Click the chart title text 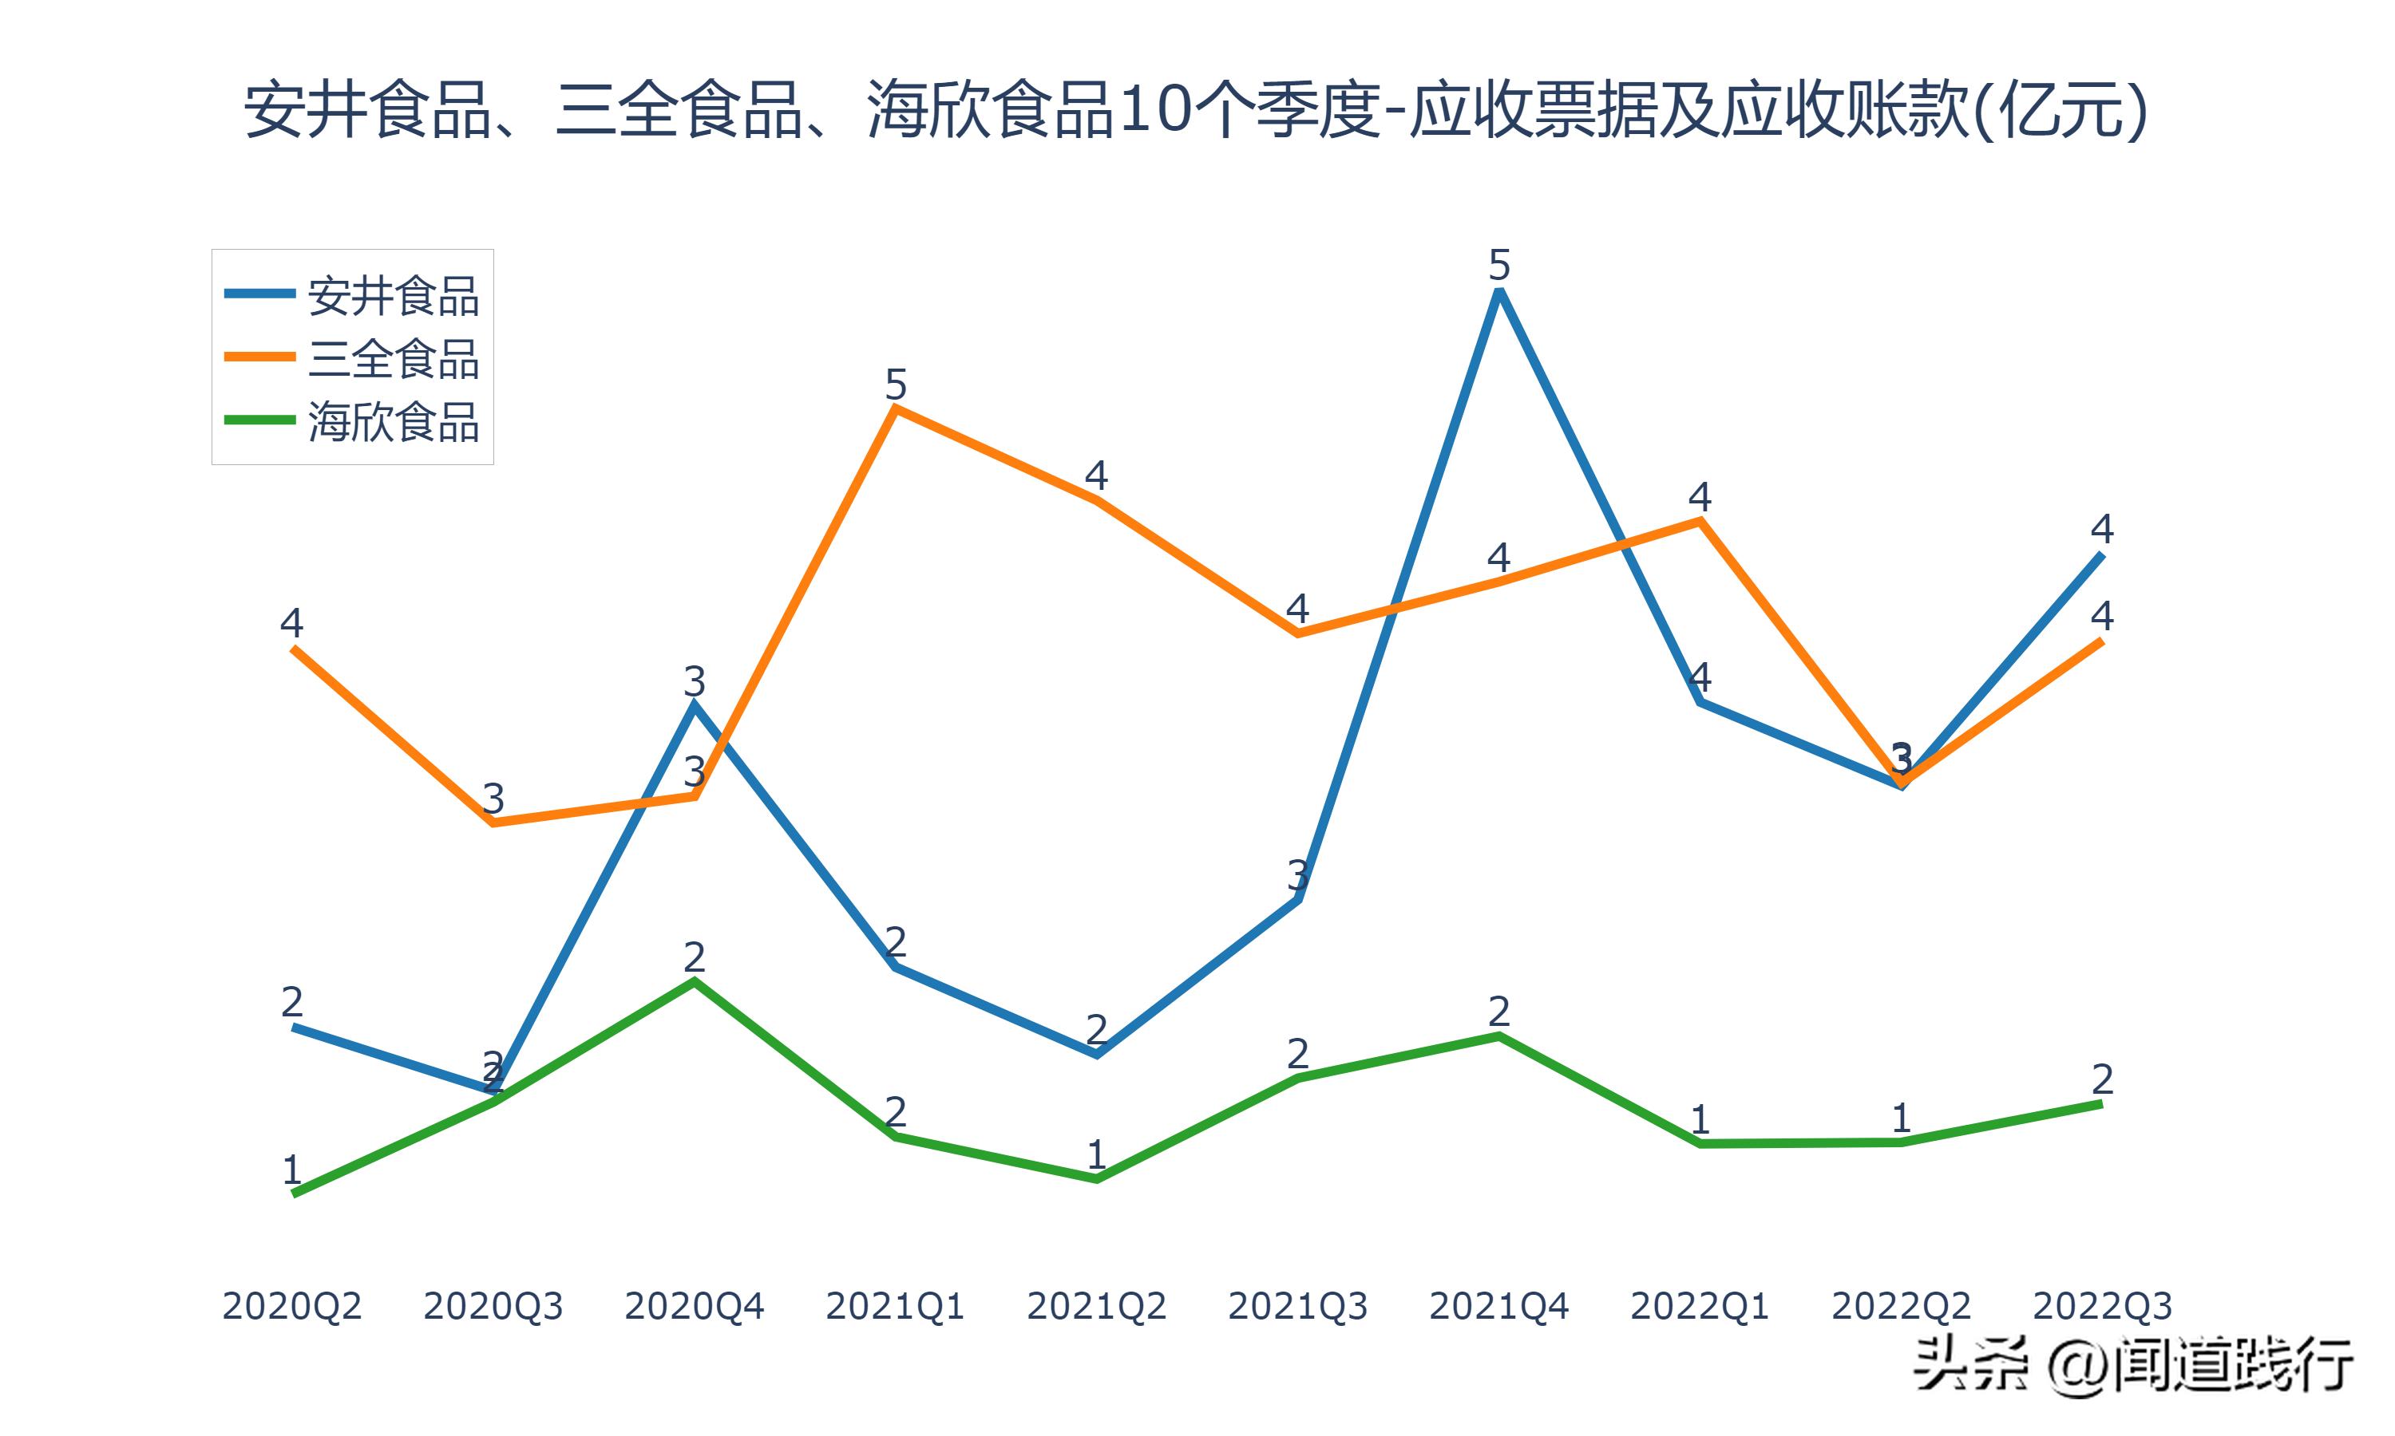tap(1197, 110)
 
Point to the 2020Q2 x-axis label tap(291, 1306)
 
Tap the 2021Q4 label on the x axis tap(1498, 1306)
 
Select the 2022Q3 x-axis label tap(2102, 1306)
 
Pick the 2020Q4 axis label tap(694, 1306)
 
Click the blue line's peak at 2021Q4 tap(1498, 291)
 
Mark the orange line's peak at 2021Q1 tap(896, 408)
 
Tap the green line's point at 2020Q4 tap(694, 981)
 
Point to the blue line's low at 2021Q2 tap(1096, 1055)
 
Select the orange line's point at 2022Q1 tap(1700, 521)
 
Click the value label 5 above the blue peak tap(1498, 264)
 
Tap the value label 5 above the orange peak tap(896, 385)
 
